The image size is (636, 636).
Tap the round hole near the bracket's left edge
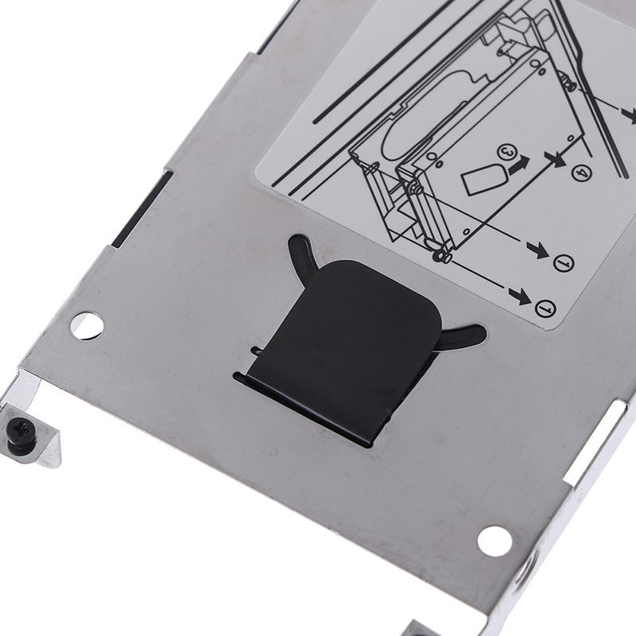coord(87,325)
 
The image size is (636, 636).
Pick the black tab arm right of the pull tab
coord(463,334)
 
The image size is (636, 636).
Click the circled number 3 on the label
coord(506,153)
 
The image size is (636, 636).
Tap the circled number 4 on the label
coord(582,173)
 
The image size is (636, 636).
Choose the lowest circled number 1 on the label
coord(545,308)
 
